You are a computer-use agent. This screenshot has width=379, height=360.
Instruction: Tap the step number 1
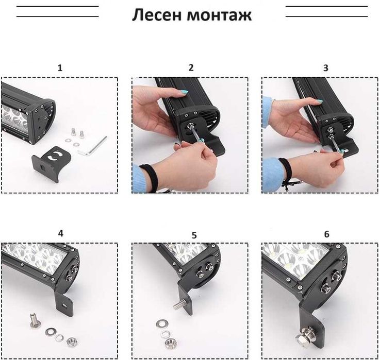tap(60, 67)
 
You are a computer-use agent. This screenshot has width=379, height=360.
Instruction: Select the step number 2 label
tap(191, 67)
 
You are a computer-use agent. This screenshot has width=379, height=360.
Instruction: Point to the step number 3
tap(325, 67)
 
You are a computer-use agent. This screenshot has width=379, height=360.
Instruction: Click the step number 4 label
tap(60, 233)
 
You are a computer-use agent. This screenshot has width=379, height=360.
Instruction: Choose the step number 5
tap(194, 235)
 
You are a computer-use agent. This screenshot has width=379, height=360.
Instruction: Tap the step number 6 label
tap(326, 234)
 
